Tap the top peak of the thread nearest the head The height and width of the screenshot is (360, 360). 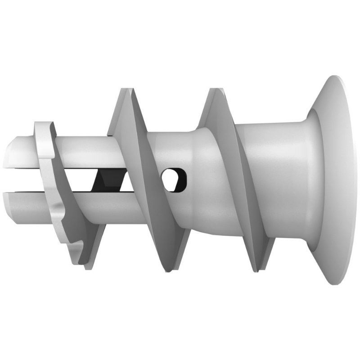click(215, 90)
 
